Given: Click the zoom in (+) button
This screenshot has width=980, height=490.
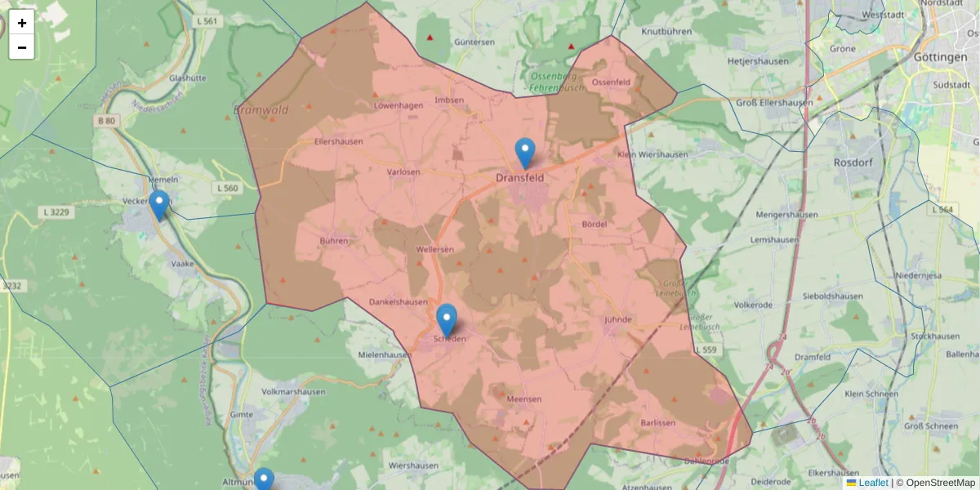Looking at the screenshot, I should [22, 22].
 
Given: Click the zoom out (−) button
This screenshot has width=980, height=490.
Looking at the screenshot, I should [22, 47].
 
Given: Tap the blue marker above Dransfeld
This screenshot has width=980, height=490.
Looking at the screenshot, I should [525, 153].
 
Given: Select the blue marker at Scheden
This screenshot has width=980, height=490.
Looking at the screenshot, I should [447, 318].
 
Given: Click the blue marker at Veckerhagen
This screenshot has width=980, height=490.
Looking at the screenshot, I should [159, 204].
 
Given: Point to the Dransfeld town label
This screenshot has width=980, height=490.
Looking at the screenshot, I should [520, 176].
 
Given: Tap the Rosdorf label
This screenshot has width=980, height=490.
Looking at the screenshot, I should [854, 163].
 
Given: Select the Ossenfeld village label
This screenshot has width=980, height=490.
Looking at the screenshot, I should [611, 82].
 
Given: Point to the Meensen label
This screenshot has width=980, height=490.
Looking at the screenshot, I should [524, 399].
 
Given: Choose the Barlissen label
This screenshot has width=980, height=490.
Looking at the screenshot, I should [658, 422].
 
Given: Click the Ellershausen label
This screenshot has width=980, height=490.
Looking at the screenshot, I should [338, 141].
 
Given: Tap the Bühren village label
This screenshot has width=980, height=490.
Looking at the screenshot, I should [334, 241].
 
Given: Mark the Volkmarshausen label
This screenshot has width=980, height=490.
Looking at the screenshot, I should [293, 391].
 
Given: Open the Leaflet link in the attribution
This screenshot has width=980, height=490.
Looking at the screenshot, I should [873, 483].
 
